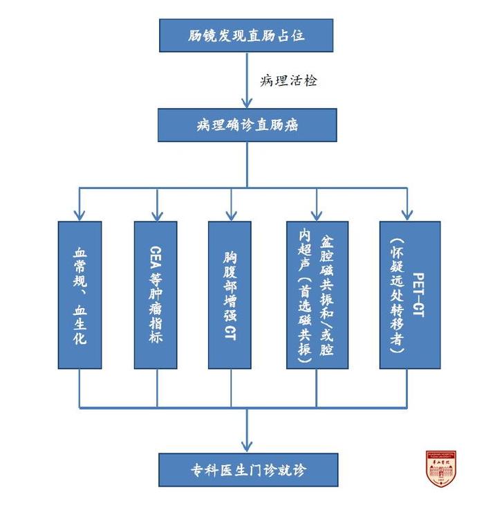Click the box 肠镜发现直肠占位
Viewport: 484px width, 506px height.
tap(246, 35)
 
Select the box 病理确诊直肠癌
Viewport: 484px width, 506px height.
tap(247, 125)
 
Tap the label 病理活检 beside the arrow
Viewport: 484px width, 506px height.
tap(289, 80)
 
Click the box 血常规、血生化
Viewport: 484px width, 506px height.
tap(80, 295)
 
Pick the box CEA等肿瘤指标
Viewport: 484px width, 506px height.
tap(156, 295)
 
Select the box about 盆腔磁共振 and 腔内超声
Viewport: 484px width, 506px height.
tap(317, 295)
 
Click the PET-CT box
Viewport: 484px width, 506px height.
tap(409, 295)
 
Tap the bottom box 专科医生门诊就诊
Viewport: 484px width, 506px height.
tap(248, 470)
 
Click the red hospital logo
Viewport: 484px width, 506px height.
tap(440, 469)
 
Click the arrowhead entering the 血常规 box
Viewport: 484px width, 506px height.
tap(80, 215)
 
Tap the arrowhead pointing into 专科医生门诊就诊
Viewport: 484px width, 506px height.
tap(248, 446)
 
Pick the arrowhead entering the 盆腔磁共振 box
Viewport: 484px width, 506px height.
tap(317, 215)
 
